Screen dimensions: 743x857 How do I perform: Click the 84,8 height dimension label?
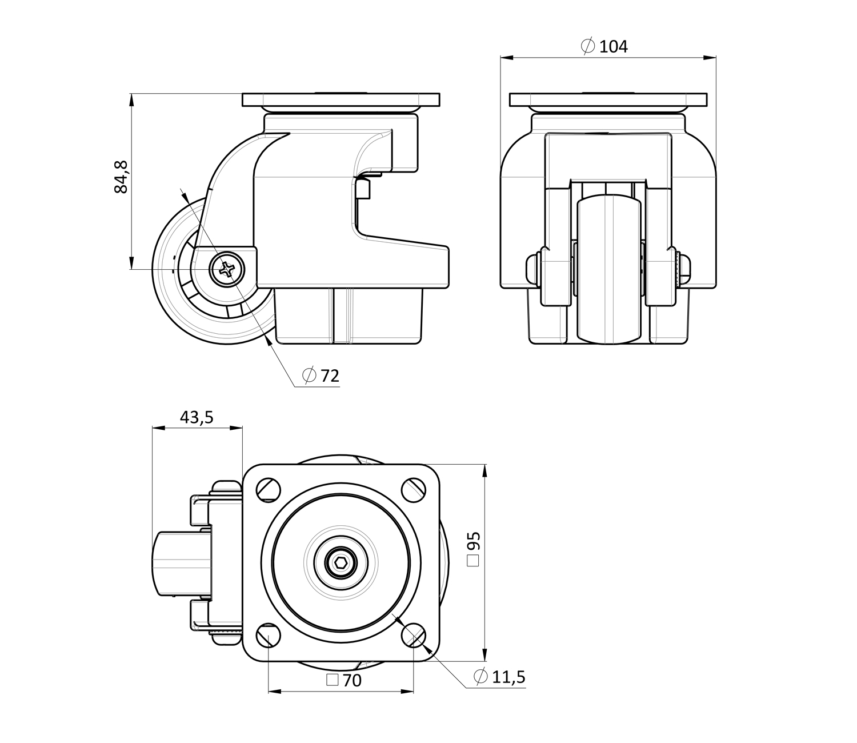(122, 177)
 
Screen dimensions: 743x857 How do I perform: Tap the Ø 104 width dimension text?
(604, 46)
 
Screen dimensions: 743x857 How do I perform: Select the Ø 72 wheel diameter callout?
(321, 376)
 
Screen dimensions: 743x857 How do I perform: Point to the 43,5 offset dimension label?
(197, 418)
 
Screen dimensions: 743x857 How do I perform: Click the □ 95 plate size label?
(474, 549)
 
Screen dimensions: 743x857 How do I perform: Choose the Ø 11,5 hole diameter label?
(499, 677)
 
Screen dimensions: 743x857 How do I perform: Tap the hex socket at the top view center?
(341, 565)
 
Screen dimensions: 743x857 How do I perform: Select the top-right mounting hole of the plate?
(414, 489)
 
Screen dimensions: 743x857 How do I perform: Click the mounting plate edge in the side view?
(341, 99)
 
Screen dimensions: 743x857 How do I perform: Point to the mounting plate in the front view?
(608, 99)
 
